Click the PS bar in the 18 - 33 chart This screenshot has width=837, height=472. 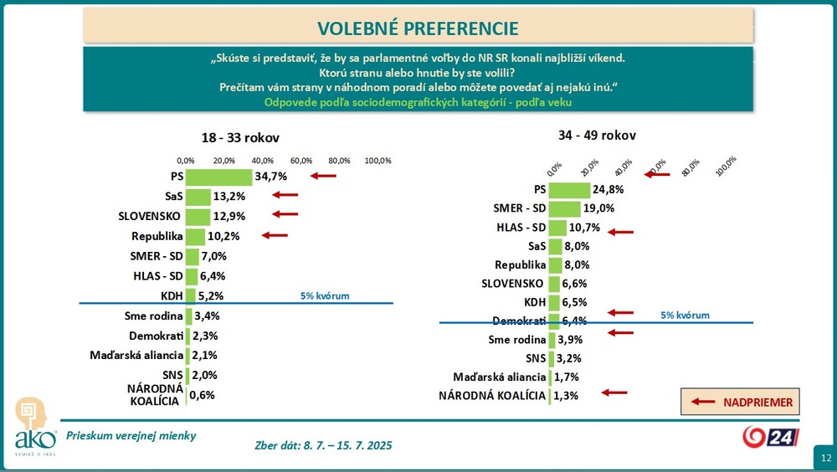[x=218, y=177]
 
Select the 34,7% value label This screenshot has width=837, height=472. [x=271, y=177]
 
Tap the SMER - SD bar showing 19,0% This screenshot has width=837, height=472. [x=564, y=209]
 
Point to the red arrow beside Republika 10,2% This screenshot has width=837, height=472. [x=275, y=235]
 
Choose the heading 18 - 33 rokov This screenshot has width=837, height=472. [x=239, y=138]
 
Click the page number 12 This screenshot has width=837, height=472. [x=824, y=458]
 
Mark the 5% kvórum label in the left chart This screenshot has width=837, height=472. [x=325, y=295]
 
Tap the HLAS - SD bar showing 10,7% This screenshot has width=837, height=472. [x=557, y=228]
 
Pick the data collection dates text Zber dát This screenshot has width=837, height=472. [x=323, y=445]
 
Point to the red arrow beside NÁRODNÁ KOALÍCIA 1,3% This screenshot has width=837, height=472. [x=614, y=392]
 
